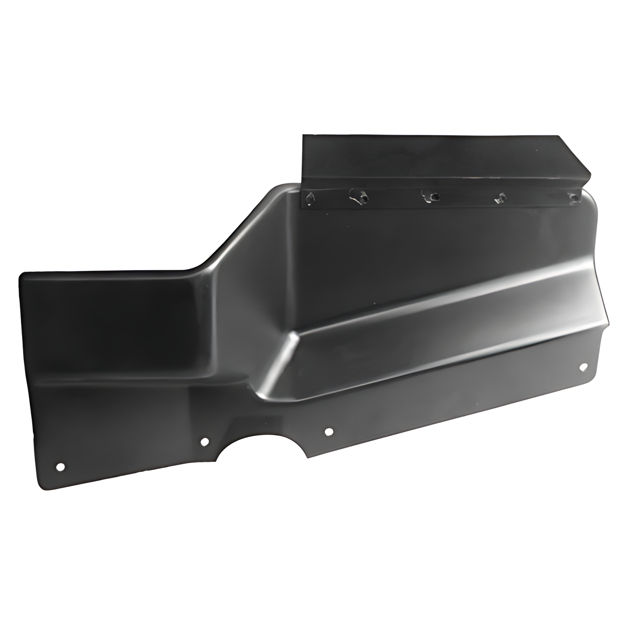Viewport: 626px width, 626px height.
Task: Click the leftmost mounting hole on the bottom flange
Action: click(60, 467)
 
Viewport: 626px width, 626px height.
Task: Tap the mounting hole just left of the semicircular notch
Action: click(205, 442)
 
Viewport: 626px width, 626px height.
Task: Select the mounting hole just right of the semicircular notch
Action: click(329, 432)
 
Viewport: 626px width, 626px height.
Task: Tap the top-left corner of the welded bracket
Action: click(304, 136)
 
